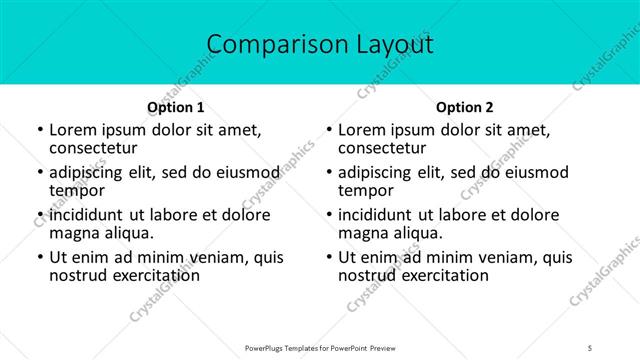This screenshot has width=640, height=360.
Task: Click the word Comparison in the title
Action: point(268,44)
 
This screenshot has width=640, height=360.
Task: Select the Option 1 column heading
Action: point(176,107)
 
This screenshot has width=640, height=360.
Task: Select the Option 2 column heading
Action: point(465,107)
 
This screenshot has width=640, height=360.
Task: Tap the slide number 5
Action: point(591,347)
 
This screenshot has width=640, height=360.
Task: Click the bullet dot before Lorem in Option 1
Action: point(39,131)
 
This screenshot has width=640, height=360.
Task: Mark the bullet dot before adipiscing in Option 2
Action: point(328,173)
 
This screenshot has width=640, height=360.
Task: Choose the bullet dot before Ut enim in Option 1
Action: point(39,258)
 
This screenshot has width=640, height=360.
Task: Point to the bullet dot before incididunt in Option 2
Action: point(328,216)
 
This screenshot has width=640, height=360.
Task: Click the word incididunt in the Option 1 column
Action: point(87,215)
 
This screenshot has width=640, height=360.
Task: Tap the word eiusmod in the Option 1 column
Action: point(245,173)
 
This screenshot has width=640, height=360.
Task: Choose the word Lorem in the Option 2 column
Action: point(362,130)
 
